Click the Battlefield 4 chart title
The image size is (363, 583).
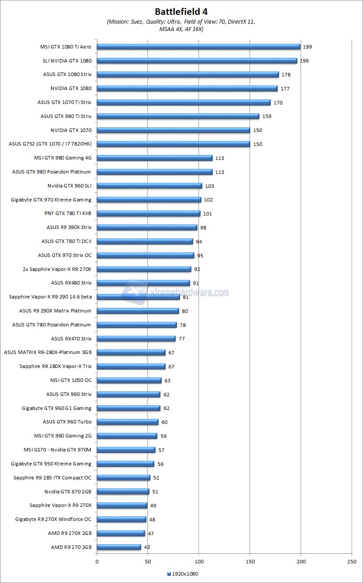click(181, 11)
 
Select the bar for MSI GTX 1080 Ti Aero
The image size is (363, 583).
click(199, 47)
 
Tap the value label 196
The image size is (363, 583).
click(304, 61)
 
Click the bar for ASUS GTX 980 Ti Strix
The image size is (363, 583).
click(178, 116)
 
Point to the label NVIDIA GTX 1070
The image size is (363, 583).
click(71, 130)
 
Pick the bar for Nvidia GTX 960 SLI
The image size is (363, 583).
click(149, 186)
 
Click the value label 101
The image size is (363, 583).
click(207, 214)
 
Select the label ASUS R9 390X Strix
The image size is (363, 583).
click(69, 227)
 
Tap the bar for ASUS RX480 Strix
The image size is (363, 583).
click(143, 283)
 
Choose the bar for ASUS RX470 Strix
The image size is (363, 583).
click(136, 339)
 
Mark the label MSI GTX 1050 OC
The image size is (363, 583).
click(71, 380)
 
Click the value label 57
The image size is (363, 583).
click(161, 450)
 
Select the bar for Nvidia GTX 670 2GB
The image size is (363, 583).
click(123, 492)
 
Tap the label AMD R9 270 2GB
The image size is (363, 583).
click(71, 547)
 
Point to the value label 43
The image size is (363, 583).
click(147, 547)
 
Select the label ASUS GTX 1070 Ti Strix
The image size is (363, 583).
click(65, 102)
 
